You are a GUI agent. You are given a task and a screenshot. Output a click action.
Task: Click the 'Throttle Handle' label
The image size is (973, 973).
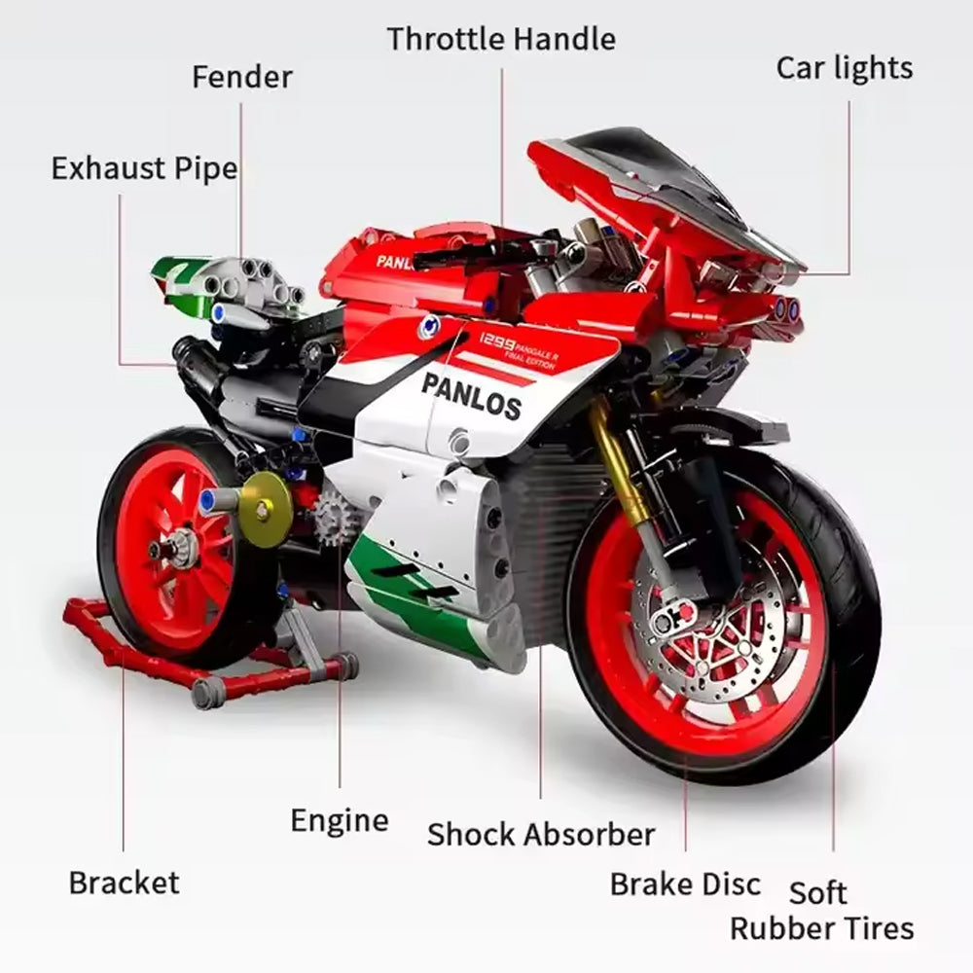tap(501, 39)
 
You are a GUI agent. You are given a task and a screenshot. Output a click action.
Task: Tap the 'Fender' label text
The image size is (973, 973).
tap(242, 78)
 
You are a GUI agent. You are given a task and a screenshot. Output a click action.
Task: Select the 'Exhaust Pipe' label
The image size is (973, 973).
tap(145, 168)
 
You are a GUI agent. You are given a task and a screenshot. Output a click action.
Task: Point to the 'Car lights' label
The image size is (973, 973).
tap(845, 68)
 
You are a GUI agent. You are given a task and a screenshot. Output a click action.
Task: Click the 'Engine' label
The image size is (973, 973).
tap(340, 821)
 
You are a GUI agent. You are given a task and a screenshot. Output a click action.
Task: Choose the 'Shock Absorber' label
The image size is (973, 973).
tap(541, 834)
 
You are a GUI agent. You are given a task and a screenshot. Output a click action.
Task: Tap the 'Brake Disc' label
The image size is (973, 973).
tap(685, 884)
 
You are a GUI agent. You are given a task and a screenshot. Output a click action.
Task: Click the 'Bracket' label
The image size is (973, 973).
tap(125, 883)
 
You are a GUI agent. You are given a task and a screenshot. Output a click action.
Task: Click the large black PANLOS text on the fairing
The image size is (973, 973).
tap(471, 396)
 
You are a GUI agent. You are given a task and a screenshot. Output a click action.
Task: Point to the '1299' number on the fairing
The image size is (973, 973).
tap(496, 341)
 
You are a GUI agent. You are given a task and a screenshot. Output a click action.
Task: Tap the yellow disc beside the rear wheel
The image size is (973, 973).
tap(266, 509)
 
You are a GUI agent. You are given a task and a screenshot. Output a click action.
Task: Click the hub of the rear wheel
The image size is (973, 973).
tap(170, 549)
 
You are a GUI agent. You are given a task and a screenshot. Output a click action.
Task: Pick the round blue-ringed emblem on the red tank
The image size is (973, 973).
tap(428, 326)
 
